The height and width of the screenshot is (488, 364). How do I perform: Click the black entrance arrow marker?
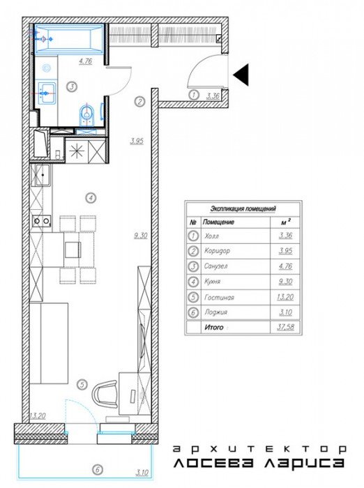click(242, 75)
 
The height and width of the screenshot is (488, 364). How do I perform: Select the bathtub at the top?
click(69, 39)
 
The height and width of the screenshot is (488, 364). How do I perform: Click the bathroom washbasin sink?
click(46, 93)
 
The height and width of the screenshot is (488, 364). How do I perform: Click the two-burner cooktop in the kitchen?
click(41, 221)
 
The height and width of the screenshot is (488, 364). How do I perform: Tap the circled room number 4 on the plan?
click(91, 197)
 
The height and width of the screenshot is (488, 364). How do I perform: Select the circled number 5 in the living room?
click(82, 385)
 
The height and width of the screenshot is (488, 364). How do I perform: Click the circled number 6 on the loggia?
click(98, 469)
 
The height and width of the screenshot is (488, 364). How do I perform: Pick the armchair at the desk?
click(105, 394)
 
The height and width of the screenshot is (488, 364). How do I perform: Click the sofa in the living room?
click(49, 343)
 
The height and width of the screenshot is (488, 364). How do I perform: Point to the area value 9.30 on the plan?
click(141, 236)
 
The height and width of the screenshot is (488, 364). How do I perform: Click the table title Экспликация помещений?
click(243, 208)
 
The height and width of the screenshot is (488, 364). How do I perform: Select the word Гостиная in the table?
click(219, 298)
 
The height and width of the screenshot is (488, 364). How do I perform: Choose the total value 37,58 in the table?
click(285, 327)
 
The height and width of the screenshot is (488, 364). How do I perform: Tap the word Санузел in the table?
click(215, 266)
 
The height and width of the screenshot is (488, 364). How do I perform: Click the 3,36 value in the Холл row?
click(285, 236)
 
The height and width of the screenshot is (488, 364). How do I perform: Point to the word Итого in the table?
click(214, 328)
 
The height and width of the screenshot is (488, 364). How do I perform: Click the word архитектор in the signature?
click(259, 449)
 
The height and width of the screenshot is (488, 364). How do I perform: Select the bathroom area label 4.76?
click(86, 61)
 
